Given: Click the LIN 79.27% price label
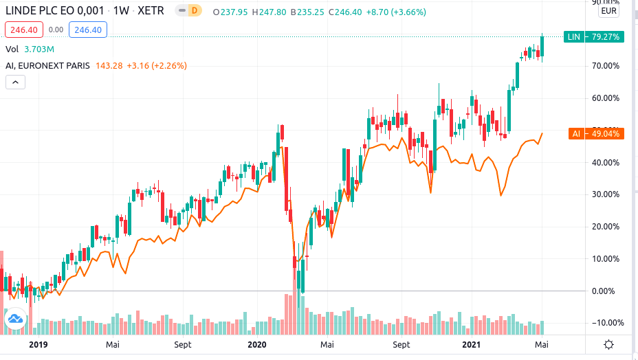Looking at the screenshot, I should click(593, 37).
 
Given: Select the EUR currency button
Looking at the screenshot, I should click(609, 11).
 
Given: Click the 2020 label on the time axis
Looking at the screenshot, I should click(256, 344).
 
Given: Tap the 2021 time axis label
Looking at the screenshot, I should click(471, 344).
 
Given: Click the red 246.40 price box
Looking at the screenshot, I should click(24, 30).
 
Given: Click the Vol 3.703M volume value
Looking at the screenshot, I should click(39, 49).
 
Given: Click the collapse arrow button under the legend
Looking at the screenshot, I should click(16, 82).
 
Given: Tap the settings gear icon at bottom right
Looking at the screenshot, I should click(609, 345).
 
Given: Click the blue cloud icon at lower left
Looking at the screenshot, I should click(14, 319).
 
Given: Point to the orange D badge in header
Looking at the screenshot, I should click(195, 12).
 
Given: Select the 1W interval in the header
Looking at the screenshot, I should click(121, 12).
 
